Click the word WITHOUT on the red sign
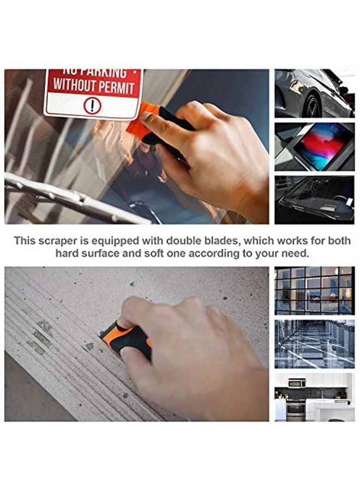tap(75, 86)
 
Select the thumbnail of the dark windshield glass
tap(314, 199)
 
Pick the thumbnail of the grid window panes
tap(314, 290)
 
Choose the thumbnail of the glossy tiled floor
tap(314, 344)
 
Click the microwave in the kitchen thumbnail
tap(297, 382)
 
